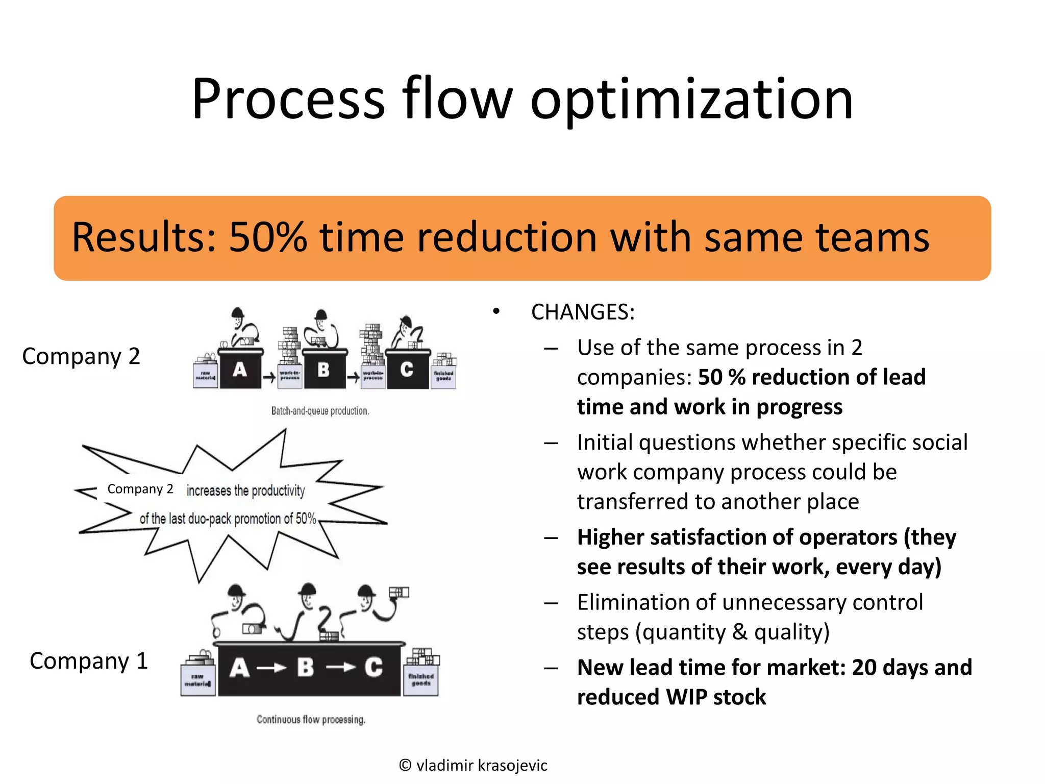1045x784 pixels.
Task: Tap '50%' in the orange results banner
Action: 267,237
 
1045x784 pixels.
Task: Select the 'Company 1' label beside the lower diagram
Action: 89,661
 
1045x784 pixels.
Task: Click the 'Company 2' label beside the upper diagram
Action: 81,356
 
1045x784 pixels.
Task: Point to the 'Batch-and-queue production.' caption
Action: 320,411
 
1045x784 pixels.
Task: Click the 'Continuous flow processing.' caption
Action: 311,720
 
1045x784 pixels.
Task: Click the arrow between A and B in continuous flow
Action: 271,668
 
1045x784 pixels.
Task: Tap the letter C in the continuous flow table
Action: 374,668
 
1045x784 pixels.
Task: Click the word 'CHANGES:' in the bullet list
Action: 583,312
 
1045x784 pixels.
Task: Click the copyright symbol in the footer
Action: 405,765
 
